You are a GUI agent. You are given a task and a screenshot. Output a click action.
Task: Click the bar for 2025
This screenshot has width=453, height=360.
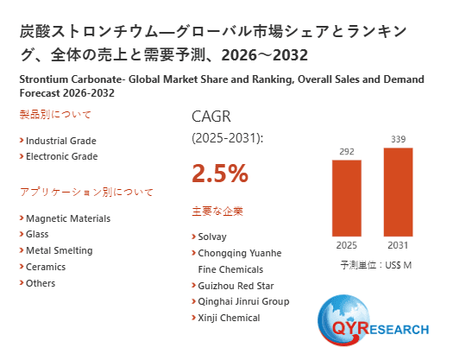click(x=346, y=198)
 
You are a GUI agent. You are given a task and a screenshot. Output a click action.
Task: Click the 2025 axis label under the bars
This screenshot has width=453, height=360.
click(x=346, y=244)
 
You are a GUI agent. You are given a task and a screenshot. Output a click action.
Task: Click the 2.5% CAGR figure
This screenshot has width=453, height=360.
click(x=219, y=174)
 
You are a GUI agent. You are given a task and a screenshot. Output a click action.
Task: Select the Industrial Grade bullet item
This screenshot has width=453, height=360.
click(x=60, y=141)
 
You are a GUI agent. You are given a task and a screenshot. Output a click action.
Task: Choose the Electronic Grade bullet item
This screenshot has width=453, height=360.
click(x=61, y=156)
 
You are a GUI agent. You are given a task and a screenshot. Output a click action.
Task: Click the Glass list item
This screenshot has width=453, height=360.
click(x=37, y=234)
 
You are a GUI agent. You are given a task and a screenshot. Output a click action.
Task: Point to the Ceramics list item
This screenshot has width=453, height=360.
click(x=46, y=267)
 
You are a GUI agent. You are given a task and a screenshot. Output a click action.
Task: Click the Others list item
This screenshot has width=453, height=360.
click(x=41, y=283)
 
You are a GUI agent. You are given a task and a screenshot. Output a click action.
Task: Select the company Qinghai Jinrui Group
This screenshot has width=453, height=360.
click(x=243, y=301)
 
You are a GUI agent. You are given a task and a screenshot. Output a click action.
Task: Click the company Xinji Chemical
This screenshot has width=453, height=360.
click(x=229, y=318)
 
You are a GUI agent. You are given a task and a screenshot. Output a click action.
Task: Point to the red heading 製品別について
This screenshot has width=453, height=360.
click(x=55, y=114)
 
